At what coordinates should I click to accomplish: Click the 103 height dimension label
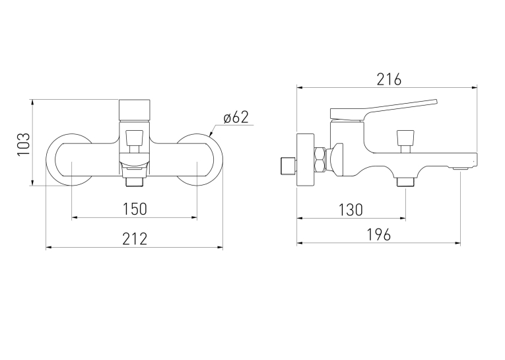pos(24,144)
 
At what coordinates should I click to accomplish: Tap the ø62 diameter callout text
pos(236,118)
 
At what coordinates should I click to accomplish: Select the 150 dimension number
pos(135,209)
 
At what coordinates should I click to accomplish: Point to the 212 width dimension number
pos(135,239)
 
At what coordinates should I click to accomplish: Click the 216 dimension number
pos(389,80)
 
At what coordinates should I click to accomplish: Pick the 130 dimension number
pos(351,210)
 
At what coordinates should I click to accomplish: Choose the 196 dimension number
pos(379,234)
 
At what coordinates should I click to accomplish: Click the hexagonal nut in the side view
pos(320,159)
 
